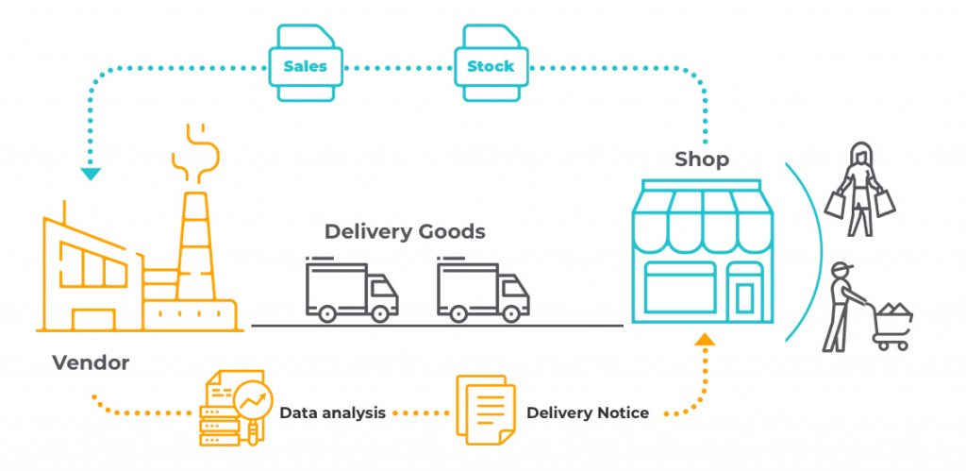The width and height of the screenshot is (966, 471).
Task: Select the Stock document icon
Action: point(491,63)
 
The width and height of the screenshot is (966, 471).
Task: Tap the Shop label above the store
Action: point(701,160)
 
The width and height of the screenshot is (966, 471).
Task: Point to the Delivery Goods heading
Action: point(405,231)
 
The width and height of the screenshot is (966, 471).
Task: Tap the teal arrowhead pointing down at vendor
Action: point(91,173)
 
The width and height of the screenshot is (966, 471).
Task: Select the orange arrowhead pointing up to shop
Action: point(704,339)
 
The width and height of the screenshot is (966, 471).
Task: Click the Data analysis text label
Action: point(332,413)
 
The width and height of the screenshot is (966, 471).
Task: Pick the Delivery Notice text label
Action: point(587,413)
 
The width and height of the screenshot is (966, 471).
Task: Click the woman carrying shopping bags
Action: point(859,190)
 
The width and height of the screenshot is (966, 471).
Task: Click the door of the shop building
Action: point(744,294)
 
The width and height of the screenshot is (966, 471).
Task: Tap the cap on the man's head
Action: point(841,269)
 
